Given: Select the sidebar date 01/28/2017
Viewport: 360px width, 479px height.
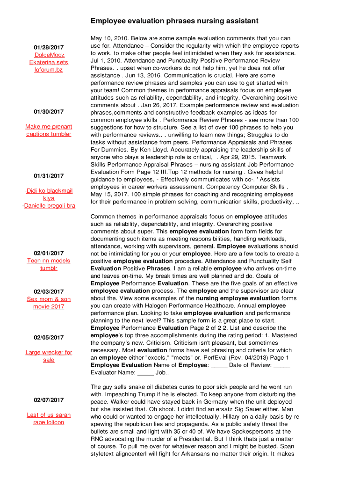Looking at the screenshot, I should point(49,48).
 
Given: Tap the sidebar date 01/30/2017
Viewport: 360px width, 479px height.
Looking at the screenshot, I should point(49,112).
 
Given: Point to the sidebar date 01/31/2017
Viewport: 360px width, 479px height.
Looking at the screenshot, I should point(49,176).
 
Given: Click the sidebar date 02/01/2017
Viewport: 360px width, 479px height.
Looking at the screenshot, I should point(49,254).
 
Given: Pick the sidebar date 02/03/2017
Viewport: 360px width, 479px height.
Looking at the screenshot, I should point(49,292).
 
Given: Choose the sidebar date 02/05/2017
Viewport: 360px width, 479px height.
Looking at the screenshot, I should point(49,338).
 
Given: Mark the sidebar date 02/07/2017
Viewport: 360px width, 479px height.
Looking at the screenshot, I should point(49,400).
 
